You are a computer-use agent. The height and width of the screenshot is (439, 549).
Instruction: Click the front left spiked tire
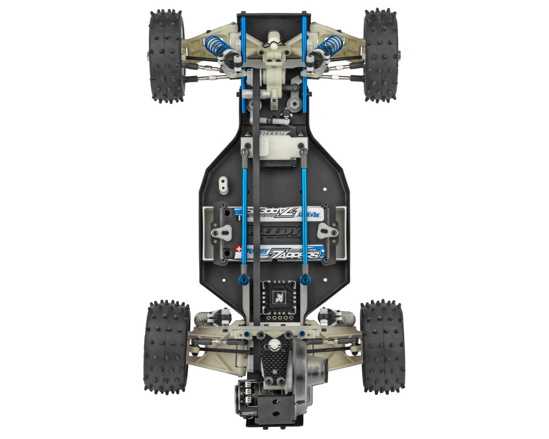point(166,55)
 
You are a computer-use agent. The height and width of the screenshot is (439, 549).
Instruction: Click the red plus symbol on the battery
point(238,250)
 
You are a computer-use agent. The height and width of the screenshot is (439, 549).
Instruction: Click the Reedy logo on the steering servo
point(275,134)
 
